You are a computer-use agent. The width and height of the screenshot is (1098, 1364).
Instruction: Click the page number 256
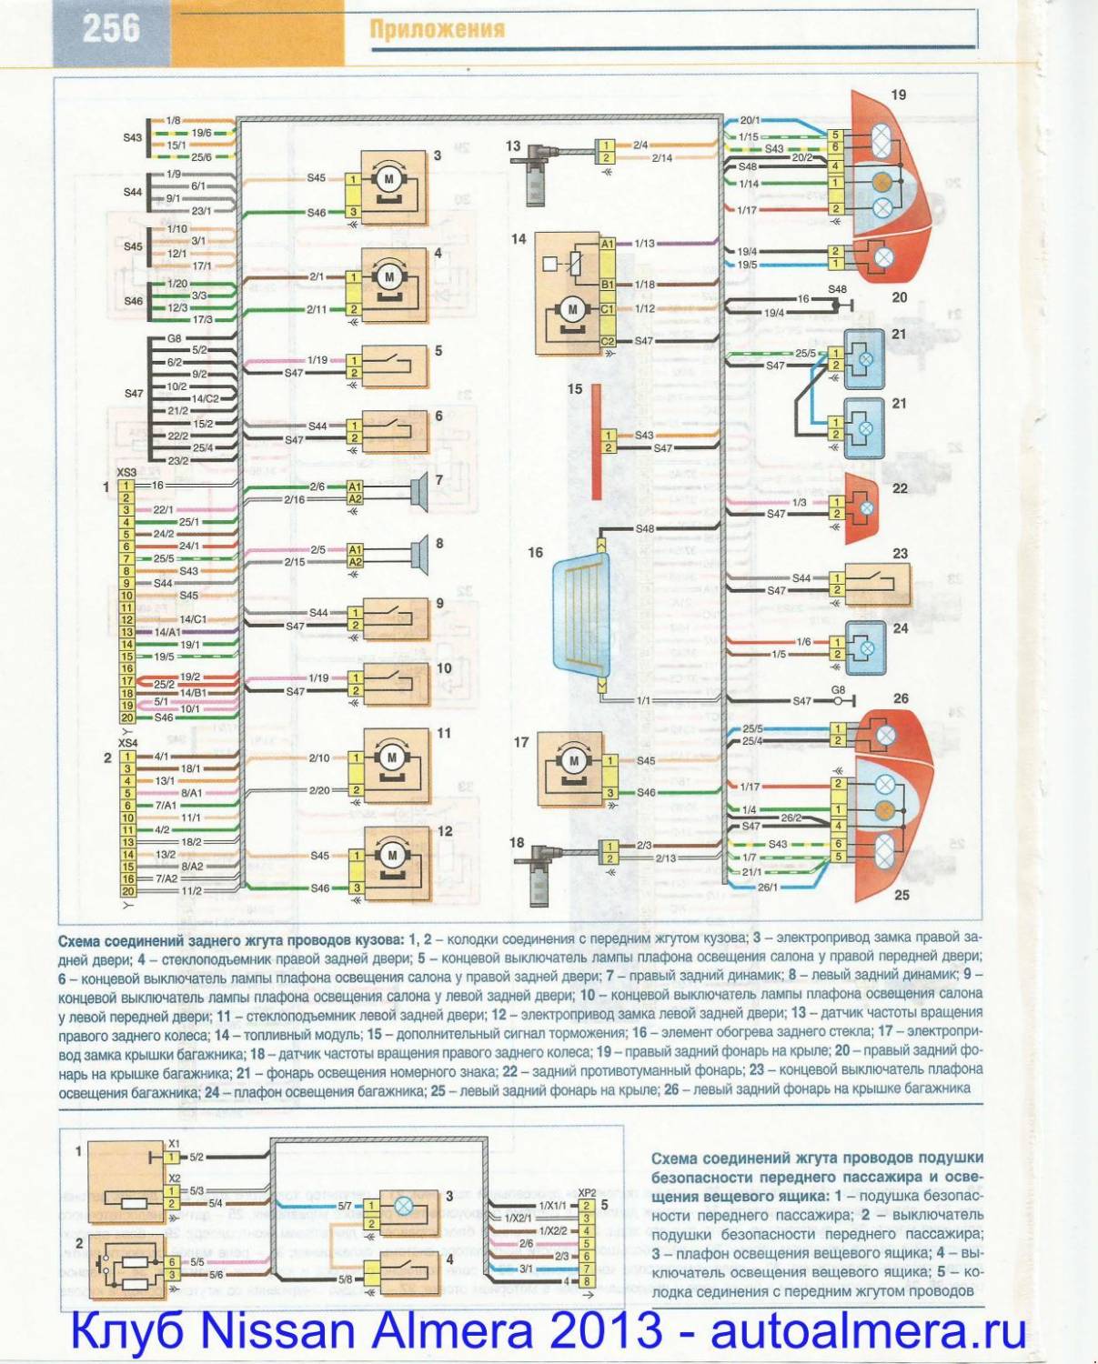[111, 28]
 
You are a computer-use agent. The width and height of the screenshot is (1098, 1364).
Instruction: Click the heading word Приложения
[437, 29]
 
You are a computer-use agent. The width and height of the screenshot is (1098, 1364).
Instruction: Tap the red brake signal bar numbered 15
[597, 442]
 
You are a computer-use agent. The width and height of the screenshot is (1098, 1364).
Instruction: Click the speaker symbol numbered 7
[419, 492]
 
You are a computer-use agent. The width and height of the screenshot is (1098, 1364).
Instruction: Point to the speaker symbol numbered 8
[419, 555]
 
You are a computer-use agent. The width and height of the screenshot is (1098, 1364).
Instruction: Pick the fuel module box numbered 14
[568, 293]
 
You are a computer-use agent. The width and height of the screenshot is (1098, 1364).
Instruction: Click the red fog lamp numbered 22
[861, 508]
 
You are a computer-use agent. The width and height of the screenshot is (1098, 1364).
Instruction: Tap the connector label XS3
[126, 473]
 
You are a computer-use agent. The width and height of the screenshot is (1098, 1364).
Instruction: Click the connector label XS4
[127, 743]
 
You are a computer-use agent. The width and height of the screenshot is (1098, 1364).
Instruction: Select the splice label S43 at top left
[133, 138]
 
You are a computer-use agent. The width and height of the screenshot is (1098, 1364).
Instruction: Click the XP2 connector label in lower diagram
[587, 1192]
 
